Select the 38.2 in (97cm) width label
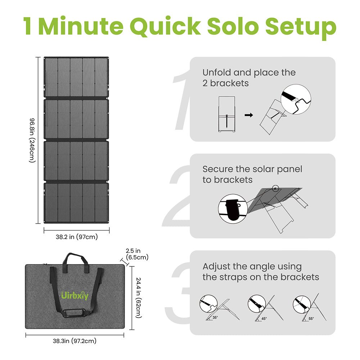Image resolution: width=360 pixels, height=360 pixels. pyautogui.click(x=77, y=237)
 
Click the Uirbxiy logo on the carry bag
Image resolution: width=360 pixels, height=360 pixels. pyautogui.click(x=75, y=296)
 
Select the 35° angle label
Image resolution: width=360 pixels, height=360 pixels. pyautogui.click(x=215, y=318)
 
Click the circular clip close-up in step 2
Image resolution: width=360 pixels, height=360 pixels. pyautogui.click(x=232, y=209)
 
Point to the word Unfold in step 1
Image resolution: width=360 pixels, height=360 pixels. pyautogui.click(x=216, y=73)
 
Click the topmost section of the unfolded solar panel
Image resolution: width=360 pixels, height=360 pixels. pyautogui.click(x=76, y=77)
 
